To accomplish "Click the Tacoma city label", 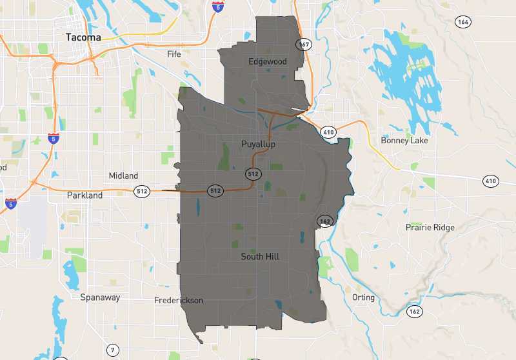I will [83, 37].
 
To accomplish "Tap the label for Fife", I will [174, 54].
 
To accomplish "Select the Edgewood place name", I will [268, 61].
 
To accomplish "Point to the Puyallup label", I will [258, 144].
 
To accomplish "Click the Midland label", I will [123, 175].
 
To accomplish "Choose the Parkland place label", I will [84, 195].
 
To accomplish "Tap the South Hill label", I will [260, 256].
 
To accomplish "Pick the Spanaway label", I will [100, 297].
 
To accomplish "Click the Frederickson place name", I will [179, 301].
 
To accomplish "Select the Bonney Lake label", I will [404, 140].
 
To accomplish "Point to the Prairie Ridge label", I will [430, 227].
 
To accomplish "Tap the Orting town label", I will [364, 297].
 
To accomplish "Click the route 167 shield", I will [304, 44].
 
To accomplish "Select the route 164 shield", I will [462, 21].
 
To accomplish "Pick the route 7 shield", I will [114, 350].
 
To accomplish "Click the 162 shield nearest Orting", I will [414, 312].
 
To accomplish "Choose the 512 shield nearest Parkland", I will [142, 191].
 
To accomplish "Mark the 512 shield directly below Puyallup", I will [253, 174].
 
